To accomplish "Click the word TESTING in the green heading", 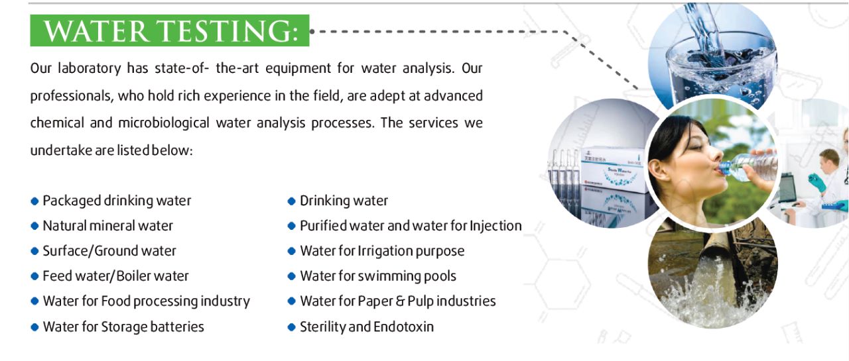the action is pos(228,31).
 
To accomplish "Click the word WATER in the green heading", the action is pos(96,31).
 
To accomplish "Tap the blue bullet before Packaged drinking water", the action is pos(34,201).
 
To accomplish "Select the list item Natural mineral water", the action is pos(107,226).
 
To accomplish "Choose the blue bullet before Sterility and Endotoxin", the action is pos(291,327).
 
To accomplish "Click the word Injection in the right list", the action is pos(495,226).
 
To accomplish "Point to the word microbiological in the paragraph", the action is pos(164,123).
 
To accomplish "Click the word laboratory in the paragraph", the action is pos(90,68).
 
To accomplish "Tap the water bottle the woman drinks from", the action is pos(749,167).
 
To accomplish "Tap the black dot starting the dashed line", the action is pos(312,31).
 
